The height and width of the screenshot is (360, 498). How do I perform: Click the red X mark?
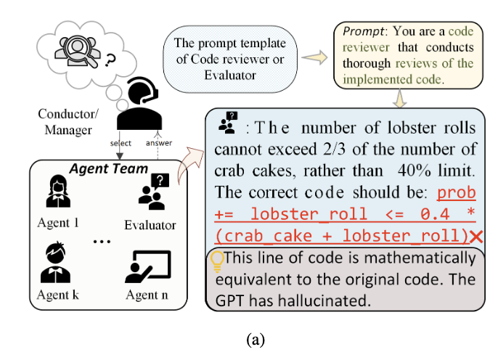point(476,237)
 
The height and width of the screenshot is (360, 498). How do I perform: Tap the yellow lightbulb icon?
point(216,259)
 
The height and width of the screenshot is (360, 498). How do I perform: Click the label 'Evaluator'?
point(150,225)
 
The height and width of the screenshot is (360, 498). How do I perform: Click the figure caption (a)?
point(249,340)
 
